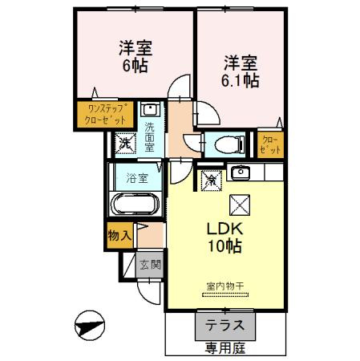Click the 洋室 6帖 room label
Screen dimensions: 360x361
tap(136, 56)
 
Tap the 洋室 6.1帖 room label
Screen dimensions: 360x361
tap(241, 71)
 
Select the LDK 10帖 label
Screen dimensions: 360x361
tap(225, 237)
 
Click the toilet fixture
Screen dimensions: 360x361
tap(229, 144)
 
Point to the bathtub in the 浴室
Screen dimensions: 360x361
tap(136, 204)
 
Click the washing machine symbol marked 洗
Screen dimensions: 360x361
tap(125, 144)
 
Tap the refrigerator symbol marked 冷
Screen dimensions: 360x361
tap(212, 180)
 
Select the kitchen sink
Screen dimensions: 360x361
tap(241, 172)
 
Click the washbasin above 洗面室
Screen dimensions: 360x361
tap(150, 109)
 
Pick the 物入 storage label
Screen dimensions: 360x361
tap(119, 236)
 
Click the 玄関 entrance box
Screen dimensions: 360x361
tap(149, 265)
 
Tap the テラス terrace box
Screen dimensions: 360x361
tap(225, 326)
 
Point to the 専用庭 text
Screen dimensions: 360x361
tap(225, 348)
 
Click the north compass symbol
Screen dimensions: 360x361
tap(90, 326)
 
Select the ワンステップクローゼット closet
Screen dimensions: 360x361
tap(105, 114)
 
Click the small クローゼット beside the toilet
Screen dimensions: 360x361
tap(270, 144)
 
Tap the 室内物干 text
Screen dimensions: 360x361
tap(225, 286)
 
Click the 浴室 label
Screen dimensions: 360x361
tap(137, 178)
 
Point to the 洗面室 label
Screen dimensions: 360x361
tap(150, 138)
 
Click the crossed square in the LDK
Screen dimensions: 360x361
tap(240, 205)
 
